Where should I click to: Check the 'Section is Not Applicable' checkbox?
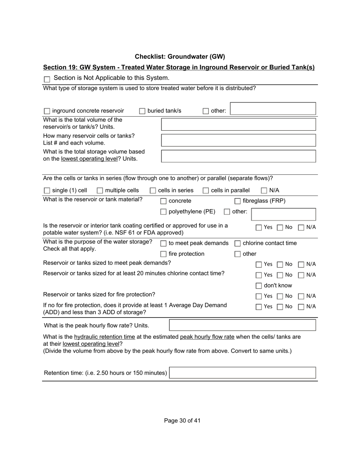pos(47,79)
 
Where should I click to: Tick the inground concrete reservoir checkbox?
pos(47,111)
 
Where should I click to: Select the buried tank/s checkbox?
pos(142,111)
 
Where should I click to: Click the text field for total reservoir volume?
pos(238,124)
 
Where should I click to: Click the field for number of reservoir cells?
pos(238,140)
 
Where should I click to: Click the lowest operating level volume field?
pos(238,156)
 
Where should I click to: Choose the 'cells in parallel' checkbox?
pos(206,191)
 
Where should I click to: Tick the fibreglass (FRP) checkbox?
pos(238,201)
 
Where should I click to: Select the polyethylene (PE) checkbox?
pos(163,212)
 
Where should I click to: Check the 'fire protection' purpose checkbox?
pos(163,254)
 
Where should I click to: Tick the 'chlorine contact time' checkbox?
pos(238,244)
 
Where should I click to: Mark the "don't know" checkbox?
pos(259,286)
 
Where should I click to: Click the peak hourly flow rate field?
pos(242,325)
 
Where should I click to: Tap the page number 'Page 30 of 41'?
pos(182,421)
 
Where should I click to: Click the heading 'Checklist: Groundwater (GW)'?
pos(180,57)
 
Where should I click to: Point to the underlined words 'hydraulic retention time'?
pos(105,337)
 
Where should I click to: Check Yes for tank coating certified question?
pos(259,228)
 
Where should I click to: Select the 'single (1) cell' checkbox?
pos(47,191)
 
